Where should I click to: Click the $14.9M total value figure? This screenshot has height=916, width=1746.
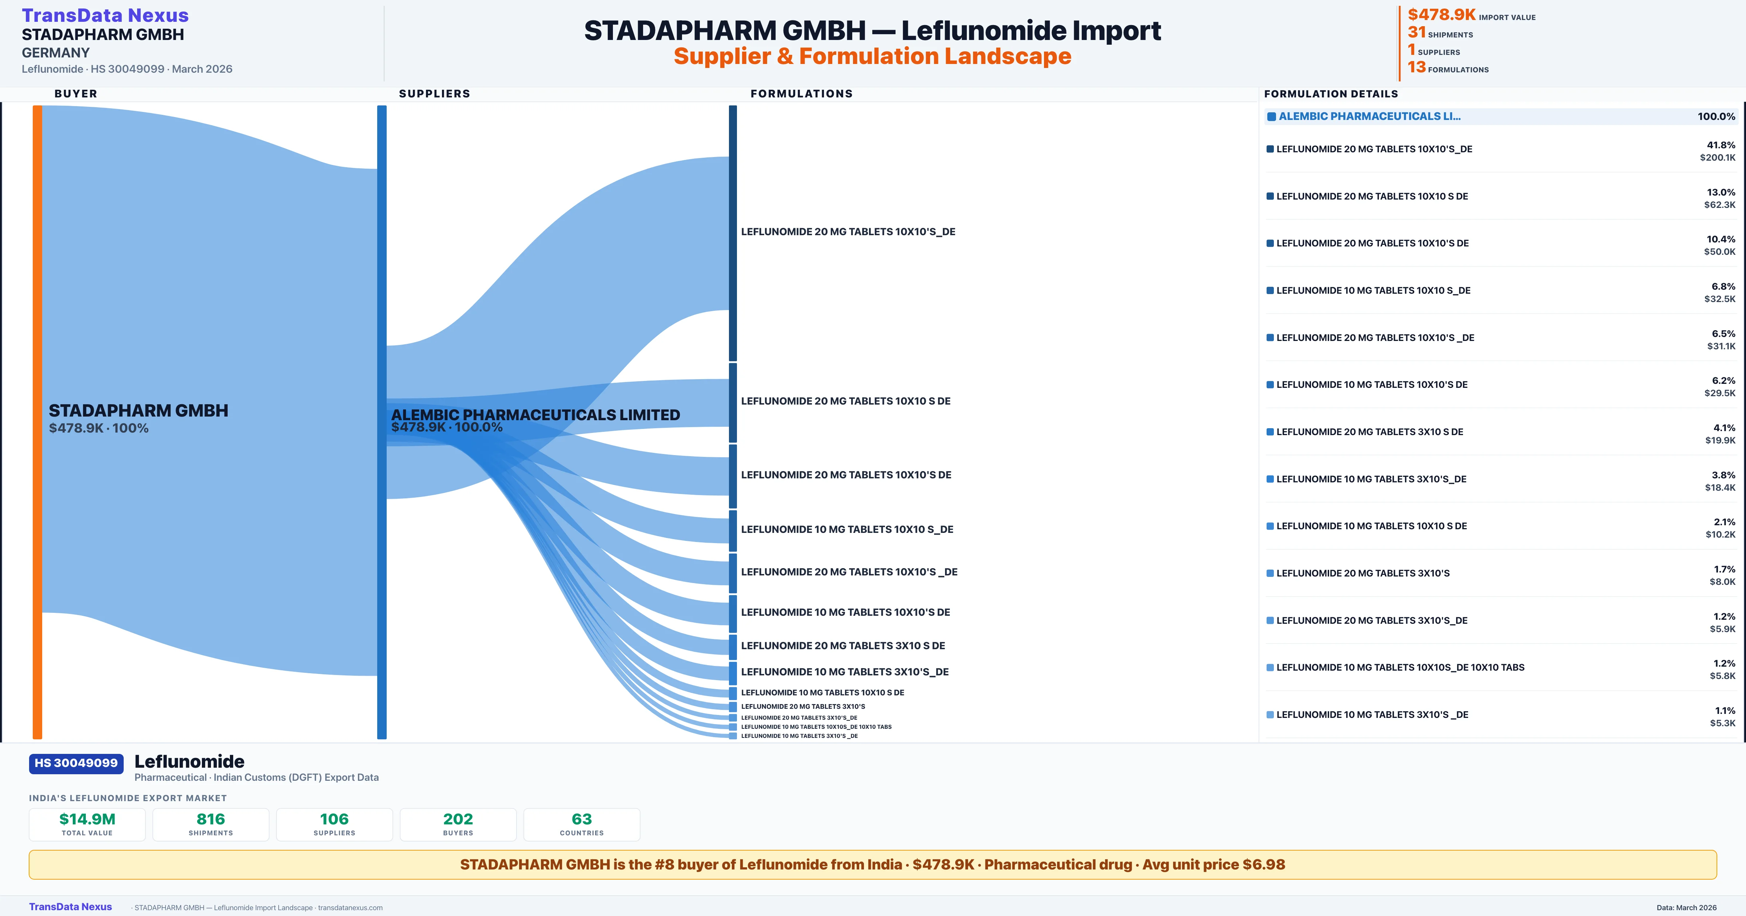pyautogui.click(x=87, y=819)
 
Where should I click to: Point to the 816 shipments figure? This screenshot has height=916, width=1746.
pyautogui.click(x=211, y=819)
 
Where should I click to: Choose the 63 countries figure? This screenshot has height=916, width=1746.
pyautogui.click(x=582, y=819)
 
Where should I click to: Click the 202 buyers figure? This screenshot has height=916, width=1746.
pyautogui.click(x=458, y=819)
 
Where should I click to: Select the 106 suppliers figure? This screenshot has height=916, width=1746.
pyautogui.click(x=334, y=819)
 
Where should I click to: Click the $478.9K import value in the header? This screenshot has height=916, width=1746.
pyautogui.click(x=1441, y=15)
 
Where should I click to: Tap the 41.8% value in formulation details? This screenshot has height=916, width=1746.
pyautogui.click(x=1720, y=145)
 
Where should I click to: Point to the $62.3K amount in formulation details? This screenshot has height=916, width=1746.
pyautogui.click(x=1719, y=205)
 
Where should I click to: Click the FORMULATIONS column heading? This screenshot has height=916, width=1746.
pyautogui.click(x=801, y=93)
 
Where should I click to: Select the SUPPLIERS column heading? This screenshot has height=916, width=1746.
pyautogui.click(x=434, y=93)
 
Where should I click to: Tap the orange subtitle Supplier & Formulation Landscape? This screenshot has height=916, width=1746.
pyautogui.click(x=872, y=56)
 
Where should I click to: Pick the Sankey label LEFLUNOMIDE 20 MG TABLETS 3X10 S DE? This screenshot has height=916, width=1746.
pyautogui.click(x=842, y=646)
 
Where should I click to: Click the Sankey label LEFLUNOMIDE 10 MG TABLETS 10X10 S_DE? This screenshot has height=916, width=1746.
pyautogui.click(x=846, y=529)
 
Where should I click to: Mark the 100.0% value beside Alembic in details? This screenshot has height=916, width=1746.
pyautogui.click(x=1716, y=117)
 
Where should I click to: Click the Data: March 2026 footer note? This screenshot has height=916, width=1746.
pyautogui.click(x=1686, y=907)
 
